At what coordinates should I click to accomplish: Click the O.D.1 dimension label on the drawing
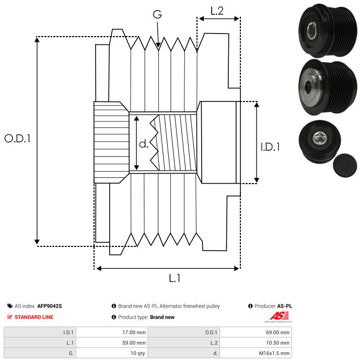point(18,139)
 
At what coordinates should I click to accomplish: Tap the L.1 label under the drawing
point(175,279)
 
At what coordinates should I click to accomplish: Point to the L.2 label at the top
point(217,10)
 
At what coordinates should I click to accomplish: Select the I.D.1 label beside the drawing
point(270,147)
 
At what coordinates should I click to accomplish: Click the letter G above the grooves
point(157,14)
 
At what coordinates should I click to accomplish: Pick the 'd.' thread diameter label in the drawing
point(144,144)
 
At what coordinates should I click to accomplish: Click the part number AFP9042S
point(50,306)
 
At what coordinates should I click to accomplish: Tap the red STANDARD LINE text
point(34,317)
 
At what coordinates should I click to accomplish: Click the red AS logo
point(277,315)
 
